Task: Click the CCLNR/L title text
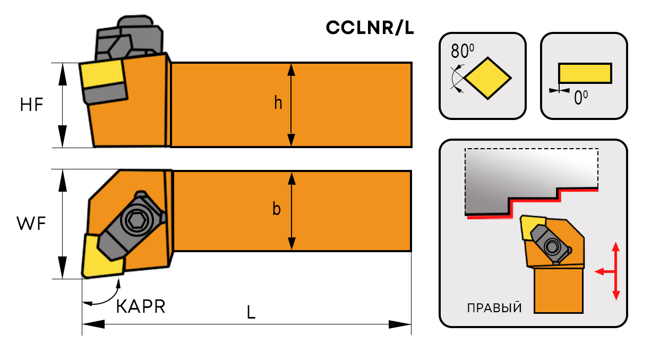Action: [370, 29]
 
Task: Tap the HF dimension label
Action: [31, 105]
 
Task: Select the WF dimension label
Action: [31, 225]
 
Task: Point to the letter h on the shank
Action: [278, 103]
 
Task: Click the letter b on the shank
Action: [277, 209]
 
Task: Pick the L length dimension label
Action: [251, 313]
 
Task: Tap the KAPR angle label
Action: [141, 306]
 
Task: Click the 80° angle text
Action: [461, 51]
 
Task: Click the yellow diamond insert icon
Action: [487, 79]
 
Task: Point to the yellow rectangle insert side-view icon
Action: [585, 73]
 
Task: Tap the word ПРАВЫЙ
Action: [493, 308]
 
